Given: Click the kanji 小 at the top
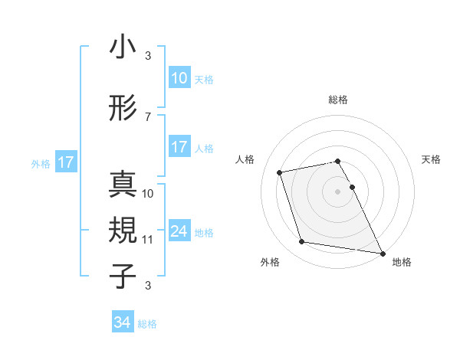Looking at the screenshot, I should [123, 47].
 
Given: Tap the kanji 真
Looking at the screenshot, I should [123, 184].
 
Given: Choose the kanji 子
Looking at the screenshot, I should [123, 276].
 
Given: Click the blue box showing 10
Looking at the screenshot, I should [179, 78].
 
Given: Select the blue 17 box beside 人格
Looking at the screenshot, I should [179, 147].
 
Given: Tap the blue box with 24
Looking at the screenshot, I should [179, 231].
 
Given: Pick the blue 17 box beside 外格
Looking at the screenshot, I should [65, 162].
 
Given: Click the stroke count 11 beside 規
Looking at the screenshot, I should [148, 239].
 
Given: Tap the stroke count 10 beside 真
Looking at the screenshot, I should [148, 193].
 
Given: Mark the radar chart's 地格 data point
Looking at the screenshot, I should [382, 253].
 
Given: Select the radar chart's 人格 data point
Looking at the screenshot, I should [280, 172].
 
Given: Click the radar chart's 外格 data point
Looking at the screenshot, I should [301, 242].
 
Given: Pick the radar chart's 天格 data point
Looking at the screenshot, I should [353, 187].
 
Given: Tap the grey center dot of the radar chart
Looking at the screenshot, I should [337, 191].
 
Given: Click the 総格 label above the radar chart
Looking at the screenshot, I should [337, 100].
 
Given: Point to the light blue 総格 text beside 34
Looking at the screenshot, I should [147, 324].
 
